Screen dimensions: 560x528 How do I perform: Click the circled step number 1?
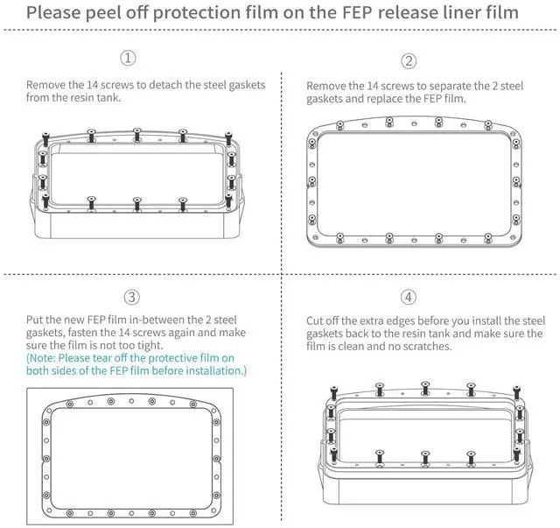pos(128,58)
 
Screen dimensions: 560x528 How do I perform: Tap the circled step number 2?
pos(409,61)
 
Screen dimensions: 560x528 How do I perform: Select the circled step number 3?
pos(132,297)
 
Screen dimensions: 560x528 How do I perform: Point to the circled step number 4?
pos(409,297)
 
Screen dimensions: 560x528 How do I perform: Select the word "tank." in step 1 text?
pos(109,97)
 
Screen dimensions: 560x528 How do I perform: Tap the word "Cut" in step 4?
pos(315,320)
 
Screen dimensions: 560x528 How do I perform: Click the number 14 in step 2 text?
pos(373,86)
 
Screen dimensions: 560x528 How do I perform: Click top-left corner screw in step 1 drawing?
pos(45,139)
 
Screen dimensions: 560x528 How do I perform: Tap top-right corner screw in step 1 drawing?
pos(228,138)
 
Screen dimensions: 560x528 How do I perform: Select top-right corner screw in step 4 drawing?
pos(516,392)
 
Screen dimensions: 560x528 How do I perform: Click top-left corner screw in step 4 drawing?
pos(334,393)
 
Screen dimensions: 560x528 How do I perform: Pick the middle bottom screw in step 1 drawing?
pos(137,204)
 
